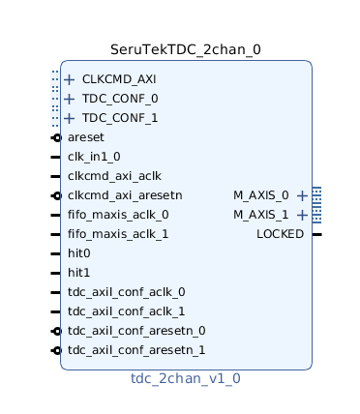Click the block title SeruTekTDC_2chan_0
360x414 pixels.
(x=185, y=49)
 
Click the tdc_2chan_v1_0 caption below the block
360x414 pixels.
(x=185, y=378)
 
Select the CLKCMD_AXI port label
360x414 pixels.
(x=119, y=79)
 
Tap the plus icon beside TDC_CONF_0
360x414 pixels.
(x=69, y=99)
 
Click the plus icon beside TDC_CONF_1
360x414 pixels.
(x=69, y=118)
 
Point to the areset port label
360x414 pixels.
(x=86, y=137)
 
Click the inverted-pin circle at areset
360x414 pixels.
(x=57, y=137)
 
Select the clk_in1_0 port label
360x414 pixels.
(x=94, y=157)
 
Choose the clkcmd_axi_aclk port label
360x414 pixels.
(x=114, y=176)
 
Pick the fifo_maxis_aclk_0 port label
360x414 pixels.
(x=118, y=215)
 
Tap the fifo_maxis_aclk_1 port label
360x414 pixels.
(x=118, y=234)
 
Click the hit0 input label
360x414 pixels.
(x=79, y=253)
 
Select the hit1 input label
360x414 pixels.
(x=79, y=273)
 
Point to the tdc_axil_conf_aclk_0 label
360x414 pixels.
(x=126, y=292)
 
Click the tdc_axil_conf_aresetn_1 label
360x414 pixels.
(x=136, y=350)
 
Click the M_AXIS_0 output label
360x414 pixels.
(x=261, y=195)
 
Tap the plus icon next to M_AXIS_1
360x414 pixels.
(x=302, y=215)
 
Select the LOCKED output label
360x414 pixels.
(x=280, y=234)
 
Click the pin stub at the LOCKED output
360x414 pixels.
(x=316, y=234)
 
